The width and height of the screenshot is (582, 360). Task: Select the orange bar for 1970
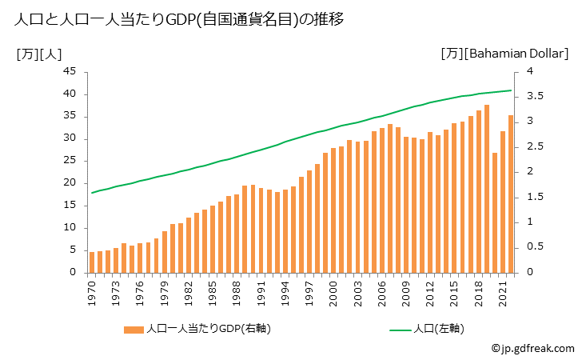point(92,262)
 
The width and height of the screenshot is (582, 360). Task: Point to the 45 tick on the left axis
point(69,71)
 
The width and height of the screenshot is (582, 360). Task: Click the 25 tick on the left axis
point(69,161)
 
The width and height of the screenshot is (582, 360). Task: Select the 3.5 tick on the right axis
point(534,97)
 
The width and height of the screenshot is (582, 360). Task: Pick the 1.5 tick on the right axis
point(534,197)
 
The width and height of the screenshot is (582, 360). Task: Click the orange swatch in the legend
point(134,329)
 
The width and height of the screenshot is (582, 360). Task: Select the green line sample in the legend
point(402,329)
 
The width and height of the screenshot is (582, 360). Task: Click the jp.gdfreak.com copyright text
point(532,349)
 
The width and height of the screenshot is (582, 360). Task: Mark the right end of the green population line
point(511,90)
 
